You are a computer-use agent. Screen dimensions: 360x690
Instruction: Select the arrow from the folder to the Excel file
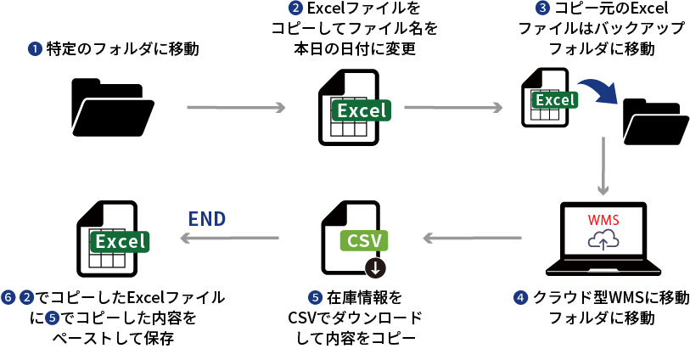(x=234, y=108)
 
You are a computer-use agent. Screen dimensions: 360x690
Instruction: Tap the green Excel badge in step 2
(x=362, y=110)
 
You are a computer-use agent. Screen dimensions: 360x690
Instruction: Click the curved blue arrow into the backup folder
(x=599, y=91)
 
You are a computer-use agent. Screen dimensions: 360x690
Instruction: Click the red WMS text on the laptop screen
(x=603, y=220)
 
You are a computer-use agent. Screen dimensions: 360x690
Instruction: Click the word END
(x=207, y=219)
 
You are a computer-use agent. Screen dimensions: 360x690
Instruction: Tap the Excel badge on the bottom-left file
(x=120, y=241)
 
